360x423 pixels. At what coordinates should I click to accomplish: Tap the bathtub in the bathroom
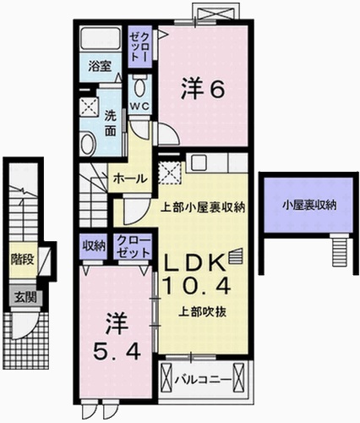click(x=100, y=41)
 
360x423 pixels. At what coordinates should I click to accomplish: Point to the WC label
click(x=140, y=106)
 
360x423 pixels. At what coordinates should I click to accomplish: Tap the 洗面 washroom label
click(x=110, y=125)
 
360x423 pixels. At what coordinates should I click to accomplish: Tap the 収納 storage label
click(x=93, y=245)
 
